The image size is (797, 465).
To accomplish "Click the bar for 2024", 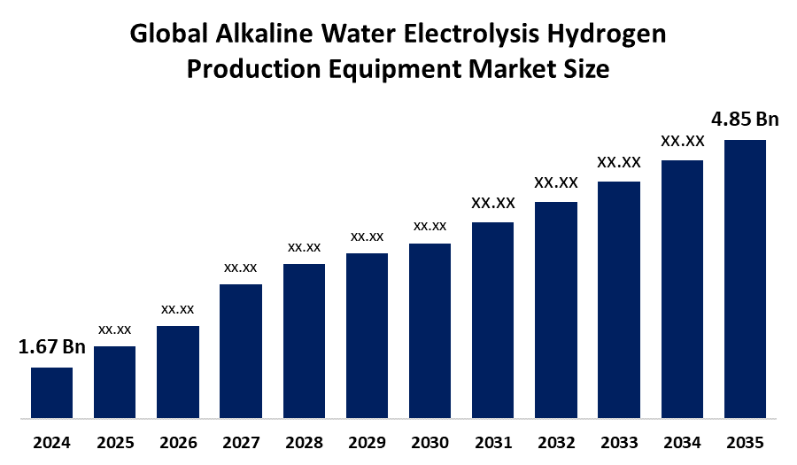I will [51, 391].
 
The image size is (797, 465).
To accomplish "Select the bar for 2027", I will [241, 350].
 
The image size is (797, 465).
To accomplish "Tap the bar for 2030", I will [429, 329].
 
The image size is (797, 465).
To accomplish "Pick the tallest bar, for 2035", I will [745, 278].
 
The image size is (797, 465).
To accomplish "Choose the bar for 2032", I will [556, 309].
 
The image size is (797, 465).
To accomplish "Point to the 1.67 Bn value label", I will [52, 347].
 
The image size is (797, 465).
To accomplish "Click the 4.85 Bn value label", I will [746, 120].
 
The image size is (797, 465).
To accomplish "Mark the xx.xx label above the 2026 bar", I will [178, 309].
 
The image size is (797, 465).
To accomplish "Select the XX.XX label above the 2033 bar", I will [619, 162].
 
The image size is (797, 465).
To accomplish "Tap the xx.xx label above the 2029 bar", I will [367, 236].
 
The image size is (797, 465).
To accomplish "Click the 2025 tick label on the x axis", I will [114, 442].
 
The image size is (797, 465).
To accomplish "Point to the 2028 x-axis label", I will [304, 442].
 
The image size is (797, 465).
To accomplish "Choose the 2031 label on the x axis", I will [493, 442].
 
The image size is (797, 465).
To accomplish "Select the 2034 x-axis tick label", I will [682, 442].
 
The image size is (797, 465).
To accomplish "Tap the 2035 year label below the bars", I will [745, 442].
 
